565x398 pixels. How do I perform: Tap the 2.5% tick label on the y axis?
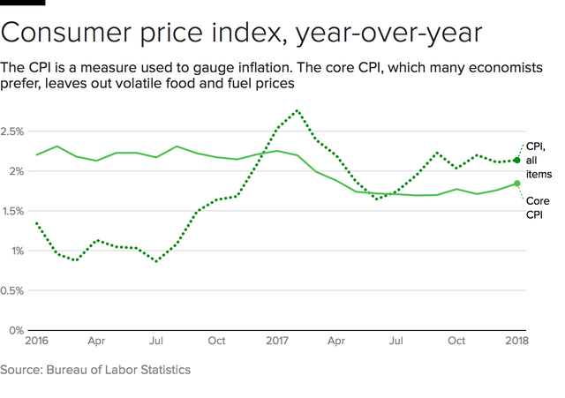pos(13,131)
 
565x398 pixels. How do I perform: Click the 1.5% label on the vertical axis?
pos(13,211)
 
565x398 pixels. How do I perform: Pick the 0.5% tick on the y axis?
pos(13,290)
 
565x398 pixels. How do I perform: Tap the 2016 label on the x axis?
pos(36,341)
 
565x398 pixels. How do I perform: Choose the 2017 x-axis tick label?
pos(278,341)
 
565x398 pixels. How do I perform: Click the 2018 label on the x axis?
pos(517,341)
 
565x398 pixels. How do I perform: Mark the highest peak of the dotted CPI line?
pos(297,111)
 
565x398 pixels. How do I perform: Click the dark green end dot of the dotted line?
pos(517,161)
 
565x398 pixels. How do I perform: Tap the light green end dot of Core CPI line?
pos(517,184)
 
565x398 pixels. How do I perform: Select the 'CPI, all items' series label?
pos(538,160)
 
